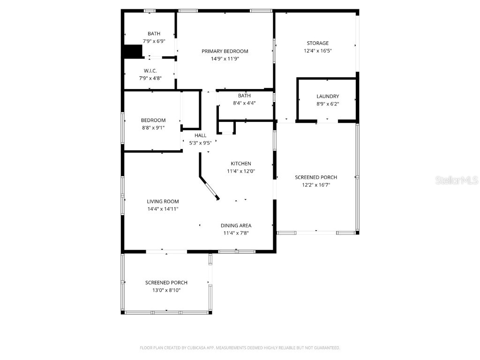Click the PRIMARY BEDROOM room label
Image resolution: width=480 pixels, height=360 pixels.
[225, 51]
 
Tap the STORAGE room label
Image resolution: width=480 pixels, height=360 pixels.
[317, 43]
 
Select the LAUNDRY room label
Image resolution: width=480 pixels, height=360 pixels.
[327, 97]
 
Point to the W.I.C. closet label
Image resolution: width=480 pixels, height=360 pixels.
[150, 71]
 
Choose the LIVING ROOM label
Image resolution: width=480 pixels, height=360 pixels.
[163, 202]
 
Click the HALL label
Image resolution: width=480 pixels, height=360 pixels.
[200, 135]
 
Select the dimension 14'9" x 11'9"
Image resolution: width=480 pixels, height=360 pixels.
[225, 59]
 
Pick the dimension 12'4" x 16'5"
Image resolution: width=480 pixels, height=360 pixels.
[317, 51]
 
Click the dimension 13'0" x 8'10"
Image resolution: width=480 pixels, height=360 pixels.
[166, 290]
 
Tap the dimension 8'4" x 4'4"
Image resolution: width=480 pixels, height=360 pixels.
[244, 103]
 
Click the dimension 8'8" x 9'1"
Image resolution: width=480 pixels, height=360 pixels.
[153, 127]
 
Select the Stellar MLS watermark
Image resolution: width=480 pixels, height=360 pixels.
[456, 180]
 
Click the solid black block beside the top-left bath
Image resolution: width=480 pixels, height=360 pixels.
[133, 52]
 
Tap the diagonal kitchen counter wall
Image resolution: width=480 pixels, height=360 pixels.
[209, 188]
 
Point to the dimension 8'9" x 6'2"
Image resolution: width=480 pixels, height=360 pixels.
[327, 104]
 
